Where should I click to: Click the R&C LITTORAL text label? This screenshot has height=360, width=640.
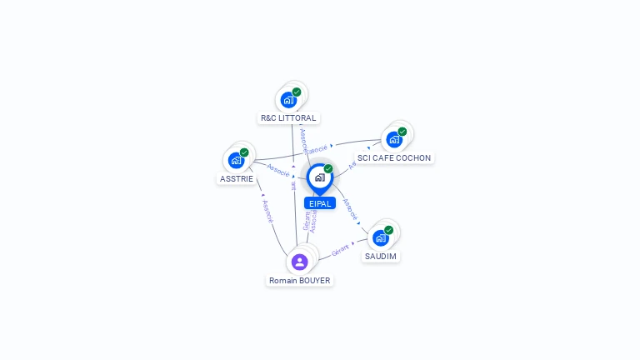coord(288,118)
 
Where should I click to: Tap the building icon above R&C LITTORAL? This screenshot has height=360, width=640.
coord(288,100)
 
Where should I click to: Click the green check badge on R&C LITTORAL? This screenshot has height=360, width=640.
coord(297,92)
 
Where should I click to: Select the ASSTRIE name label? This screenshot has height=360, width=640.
coord(237,178)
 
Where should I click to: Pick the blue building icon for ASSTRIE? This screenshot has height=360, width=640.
coord(236,160)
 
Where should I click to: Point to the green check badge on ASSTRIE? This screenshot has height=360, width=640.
coord(244,152)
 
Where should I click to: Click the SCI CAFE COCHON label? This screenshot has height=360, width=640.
coord(394,157)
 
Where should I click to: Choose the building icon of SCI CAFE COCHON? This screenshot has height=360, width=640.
coord(394,139)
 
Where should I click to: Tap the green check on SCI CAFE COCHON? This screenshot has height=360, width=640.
coord(402,132)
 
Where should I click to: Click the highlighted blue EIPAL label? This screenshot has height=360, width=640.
coord(320,203)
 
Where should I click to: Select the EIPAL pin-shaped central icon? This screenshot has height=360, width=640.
coord(319,177)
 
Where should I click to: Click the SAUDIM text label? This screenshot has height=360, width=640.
coord(381,256)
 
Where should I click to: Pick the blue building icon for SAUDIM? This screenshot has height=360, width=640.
coord(381,237)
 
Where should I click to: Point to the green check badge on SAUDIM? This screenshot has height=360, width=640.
coord(388,230)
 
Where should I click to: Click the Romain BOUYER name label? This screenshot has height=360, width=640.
coord(300,281)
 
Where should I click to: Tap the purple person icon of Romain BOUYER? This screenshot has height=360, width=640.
coord(300,262)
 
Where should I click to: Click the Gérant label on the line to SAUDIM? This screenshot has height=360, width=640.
coord(340,249)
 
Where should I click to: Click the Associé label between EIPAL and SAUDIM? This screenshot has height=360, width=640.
coord(350,207)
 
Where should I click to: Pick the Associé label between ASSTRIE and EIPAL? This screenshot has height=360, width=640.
coord(278,170)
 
